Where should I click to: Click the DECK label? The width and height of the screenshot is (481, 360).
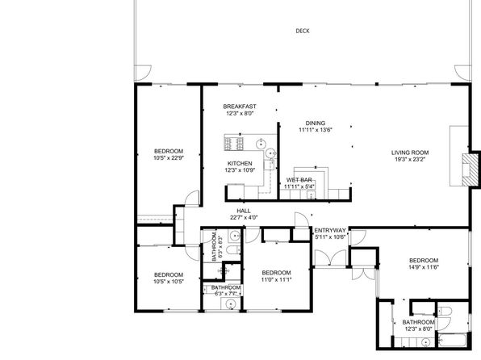coord(303,31)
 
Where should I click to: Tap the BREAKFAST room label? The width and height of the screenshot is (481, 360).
coord(240,107)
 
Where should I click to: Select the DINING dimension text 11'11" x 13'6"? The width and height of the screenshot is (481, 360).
coord(316,130)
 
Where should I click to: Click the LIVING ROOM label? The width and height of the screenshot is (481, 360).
coord(410,153)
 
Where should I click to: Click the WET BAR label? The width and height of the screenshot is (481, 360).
coord(299,180)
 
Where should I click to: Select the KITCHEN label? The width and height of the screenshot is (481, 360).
coord(240,164)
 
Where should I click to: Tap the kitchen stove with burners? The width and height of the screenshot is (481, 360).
coord(234,144)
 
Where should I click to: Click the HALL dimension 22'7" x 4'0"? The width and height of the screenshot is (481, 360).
coord(244,218)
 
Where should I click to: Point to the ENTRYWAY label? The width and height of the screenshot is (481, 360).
coord(330,231)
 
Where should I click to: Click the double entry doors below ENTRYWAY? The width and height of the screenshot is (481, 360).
coord(330,257)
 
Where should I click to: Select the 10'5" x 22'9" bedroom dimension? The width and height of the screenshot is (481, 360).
coord(169,158)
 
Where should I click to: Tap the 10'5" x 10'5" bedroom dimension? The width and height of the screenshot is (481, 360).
coord(169,282)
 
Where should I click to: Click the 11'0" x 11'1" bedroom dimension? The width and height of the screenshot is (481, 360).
coord(276,279)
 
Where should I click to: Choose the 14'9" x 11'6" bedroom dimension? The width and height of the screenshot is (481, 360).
coord(424,267)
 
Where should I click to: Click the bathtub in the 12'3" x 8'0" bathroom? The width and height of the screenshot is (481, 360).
coord(453,340)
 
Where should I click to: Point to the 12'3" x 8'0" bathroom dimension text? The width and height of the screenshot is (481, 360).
coord(418,329)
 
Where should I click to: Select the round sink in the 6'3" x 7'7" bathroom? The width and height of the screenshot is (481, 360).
coord(230,304)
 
